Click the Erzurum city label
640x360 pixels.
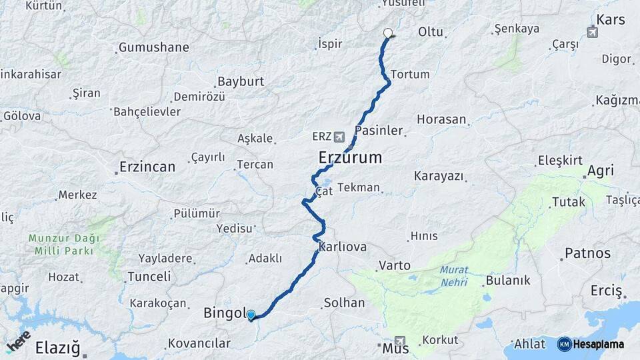coord(350,158)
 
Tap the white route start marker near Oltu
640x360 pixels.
coord(388,33)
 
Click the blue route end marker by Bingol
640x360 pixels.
coord(251,315)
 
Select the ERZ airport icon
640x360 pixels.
coord(341,137)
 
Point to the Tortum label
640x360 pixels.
coord(409,74)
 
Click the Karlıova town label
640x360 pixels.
coord(343,247)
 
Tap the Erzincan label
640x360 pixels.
coord(147,167)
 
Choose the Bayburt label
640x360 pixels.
coord(241,81)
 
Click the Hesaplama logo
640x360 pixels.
coord(591,344)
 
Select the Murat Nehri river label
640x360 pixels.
coord(454,276)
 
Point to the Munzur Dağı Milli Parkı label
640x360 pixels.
coord(64,244)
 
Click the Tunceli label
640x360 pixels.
coord(149,276)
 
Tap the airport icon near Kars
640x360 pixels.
coord(592,31)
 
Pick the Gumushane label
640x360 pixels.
coord(153,47)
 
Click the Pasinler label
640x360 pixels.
coord(379,130)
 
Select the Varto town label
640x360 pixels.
coord(394,265)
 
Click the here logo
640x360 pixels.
coord(18,341)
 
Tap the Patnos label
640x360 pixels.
coord(587,253)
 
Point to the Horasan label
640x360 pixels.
coord(441,119)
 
